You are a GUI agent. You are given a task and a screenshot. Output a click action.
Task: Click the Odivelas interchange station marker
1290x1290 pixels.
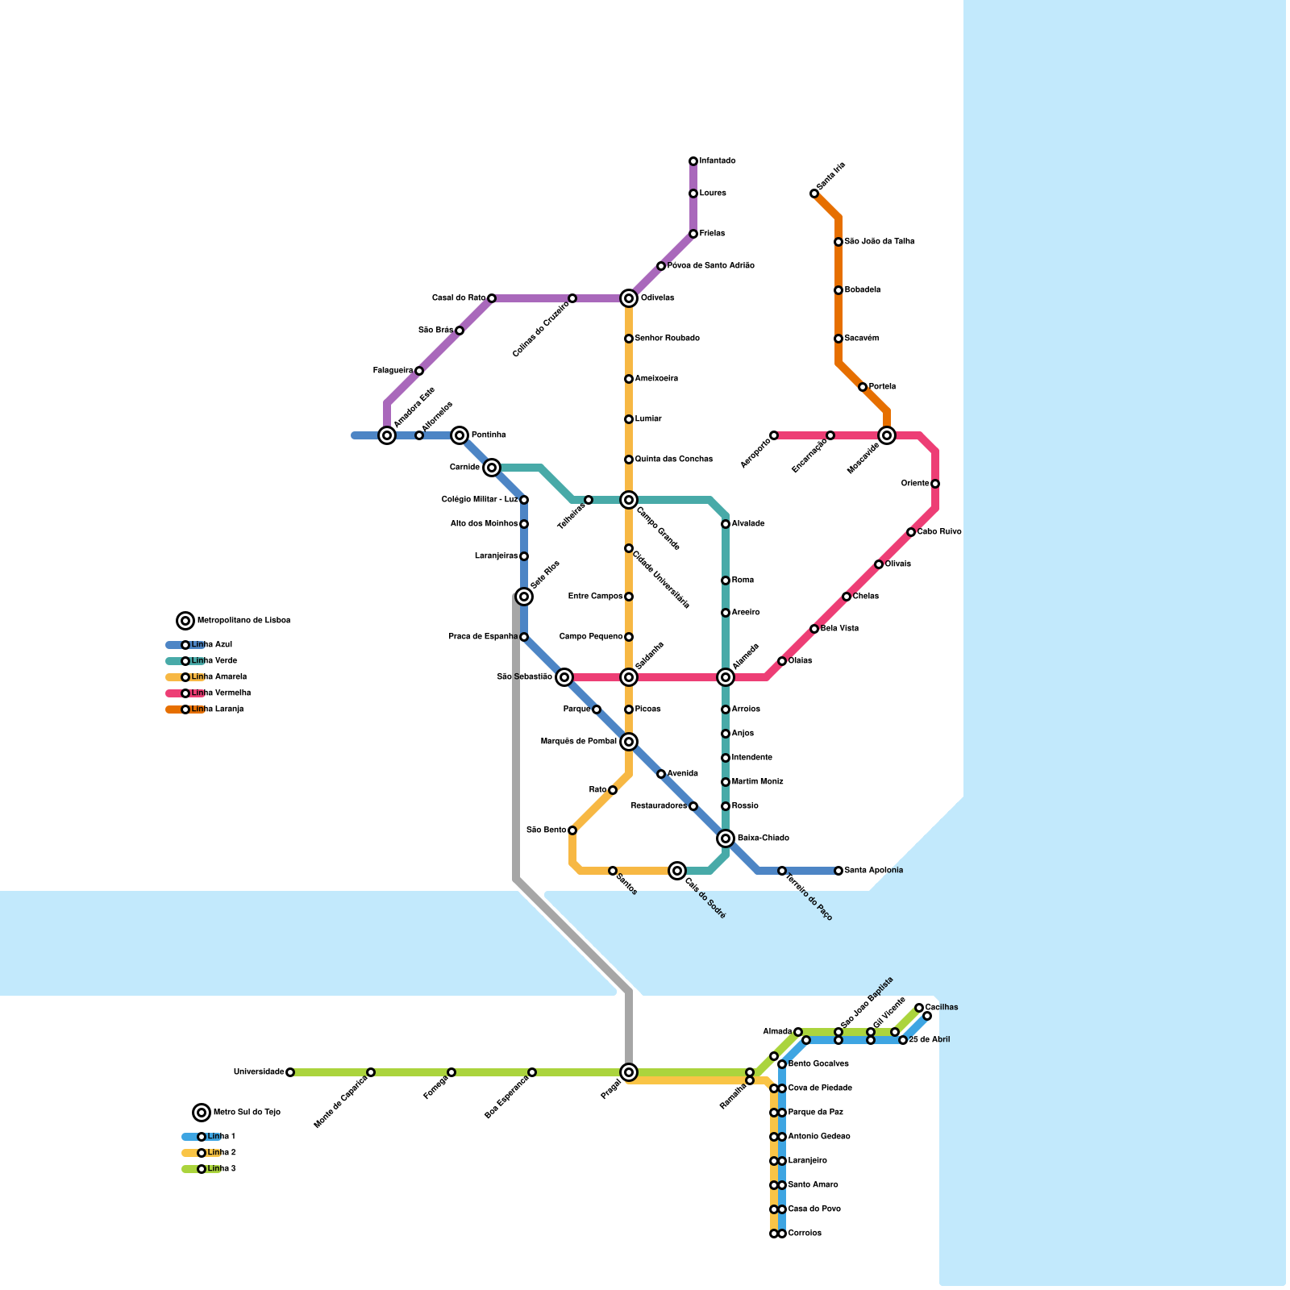coord(629,298)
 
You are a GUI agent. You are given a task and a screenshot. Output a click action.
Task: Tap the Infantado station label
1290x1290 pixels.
coord(717,161)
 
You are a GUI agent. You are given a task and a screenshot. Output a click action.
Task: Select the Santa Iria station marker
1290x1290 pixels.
coord(814,193)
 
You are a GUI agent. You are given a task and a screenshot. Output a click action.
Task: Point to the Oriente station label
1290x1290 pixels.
coord(915,484)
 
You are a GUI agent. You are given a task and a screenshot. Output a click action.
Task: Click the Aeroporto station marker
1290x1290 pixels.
coord(774,435)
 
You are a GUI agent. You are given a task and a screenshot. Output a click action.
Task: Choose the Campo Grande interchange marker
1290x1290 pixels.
coord(629,500)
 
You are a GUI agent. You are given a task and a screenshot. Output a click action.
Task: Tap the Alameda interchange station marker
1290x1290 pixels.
coord(726,677)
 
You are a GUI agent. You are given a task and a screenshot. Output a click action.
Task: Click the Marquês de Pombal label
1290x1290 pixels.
coord(578,742)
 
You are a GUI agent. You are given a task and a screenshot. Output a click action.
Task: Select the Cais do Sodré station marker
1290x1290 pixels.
coord(677,871)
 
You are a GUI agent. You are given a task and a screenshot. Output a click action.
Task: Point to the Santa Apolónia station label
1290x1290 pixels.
coord(873,871)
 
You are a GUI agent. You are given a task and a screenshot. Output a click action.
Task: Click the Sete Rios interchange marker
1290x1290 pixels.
coord(524,597)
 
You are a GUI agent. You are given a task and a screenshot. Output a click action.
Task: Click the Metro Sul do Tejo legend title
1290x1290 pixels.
coord(247,1113)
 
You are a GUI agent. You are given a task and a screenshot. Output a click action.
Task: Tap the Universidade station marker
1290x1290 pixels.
coord(290,1072)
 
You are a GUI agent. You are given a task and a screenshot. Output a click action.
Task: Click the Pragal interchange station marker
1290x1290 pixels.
coord(629,1072)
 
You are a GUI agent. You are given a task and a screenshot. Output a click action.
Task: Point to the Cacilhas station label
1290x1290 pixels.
coord(942,1008)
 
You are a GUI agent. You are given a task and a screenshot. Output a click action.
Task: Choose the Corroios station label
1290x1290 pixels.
coord(805,1234)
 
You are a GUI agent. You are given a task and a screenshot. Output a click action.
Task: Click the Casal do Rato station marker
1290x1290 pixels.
coord(492,298)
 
